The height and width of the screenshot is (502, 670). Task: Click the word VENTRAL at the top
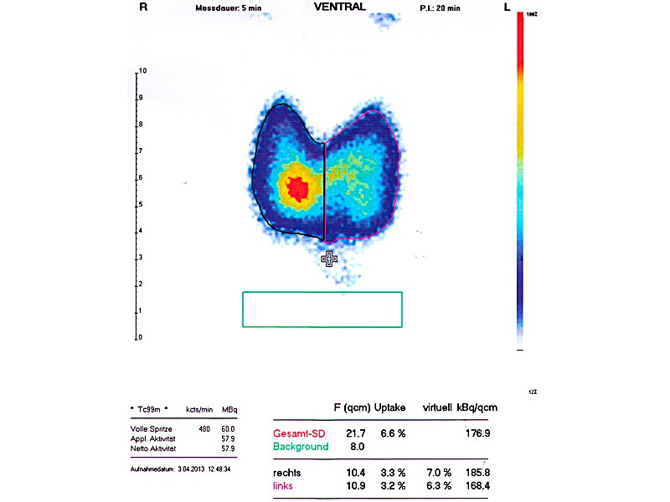coord(339,7)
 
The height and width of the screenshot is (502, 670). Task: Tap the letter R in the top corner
coord(144,7)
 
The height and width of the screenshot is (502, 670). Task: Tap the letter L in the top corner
coord(508,7)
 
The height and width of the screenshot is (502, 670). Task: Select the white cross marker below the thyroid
coord(330,259)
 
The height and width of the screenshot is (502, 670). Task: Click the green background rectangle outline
coord(322,293)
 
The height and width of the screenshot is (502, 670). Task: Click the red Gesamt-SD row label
coord(298,433)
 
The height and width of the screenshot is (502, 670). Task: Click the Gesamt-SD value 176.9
coord(475,433)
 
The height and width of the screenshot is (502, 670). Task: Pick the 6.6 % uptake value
coord(392,433)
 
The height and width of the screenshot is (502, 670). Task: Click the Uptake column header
coord(389,407)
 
